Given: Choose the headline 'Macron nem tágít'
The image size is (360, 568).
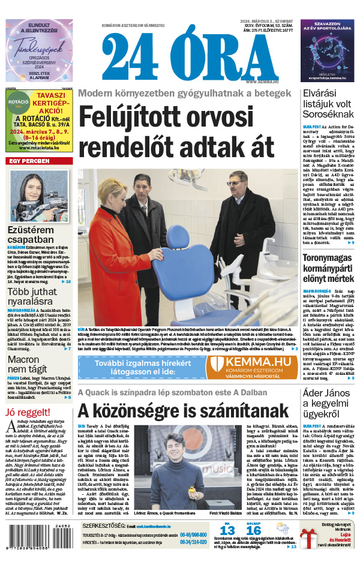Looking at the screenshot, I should click(24, 365).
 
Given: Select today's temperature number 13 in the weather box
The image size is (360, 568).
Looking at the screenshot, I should click(227, 530).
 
